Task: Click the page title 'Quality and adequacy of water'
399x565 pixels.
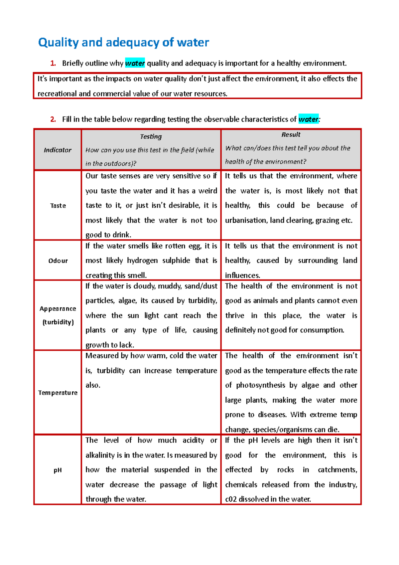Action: click(x=123, y=43)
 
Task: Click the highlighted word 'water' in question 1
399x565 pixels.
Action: click(x=135, y=63)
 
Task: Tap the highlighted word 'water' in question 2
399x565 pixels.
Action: click(x=308, y=119)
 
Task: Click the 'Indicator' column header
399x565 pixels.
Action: click(x=58, y=150)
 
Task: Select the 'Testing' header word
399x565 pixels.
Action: click(x=151, y=136)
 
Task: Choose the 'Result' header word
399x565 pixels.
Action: click(x=291, y=135)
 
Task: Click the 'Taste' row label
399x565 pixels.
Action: click(x=58, y=206)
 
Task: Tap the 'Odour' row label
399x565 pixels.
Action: click(x=58, y=261)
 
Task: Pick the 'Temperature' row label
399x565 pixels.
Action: click(x=58, y=393)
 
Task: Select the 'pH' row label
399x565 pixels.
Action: click(x=58, y=470)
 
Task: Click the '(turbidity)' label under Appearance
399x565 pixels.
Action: click(x=58, y=322)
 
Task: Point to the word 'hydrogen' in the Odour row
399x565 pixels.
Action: click(x=142, y=261)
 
